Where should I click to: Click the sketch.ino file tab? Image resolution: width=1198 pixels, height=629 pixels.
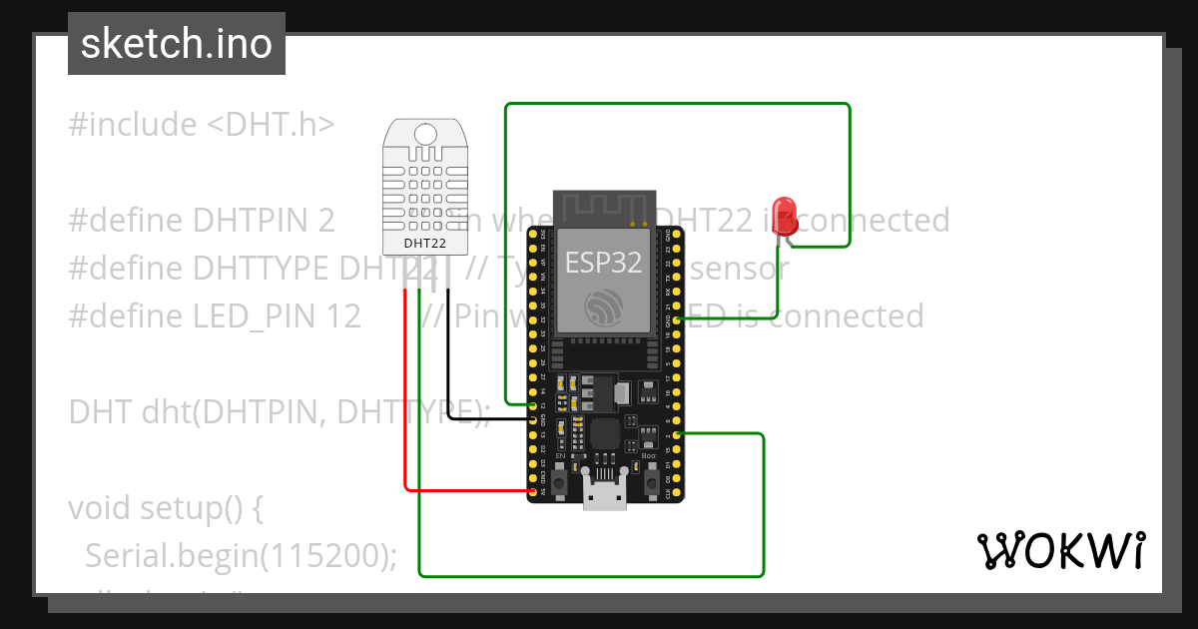tap(177, 44)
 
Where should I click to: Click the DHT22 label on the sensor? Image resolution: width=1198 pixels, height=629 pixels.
tap(425, 243)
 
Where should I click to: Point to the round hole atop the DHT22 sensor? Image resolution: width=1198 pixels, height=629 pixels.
tap(425, 134)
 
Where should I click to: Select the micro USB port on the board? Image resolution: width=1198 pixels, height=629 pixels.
tap(605, 495)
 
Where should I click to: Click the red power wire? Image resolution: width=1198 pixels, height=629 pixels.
tap(405, 399)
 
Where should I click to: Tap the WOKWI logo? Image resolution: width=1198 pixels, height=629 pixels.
tap(1059, 551)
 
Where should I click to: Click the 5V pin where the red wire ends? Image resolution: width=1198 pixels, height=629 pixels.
tap(533, 491)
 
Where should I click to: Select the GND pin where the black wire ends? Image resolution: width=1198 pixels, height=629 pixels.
tap(533, 419)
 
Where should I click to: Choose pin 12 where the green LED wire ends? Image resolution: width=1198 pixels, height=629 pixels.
tap(533, 404)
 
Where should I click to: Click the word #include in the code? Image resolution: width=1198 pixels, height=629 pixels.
tap(133, 125)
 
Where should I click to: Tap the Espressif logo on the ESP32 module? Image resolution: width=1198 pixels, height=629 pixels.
tap(605, 308)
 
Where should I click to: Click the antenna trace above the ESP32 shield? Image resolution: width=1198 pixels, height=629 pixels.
tap(605, 208)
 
